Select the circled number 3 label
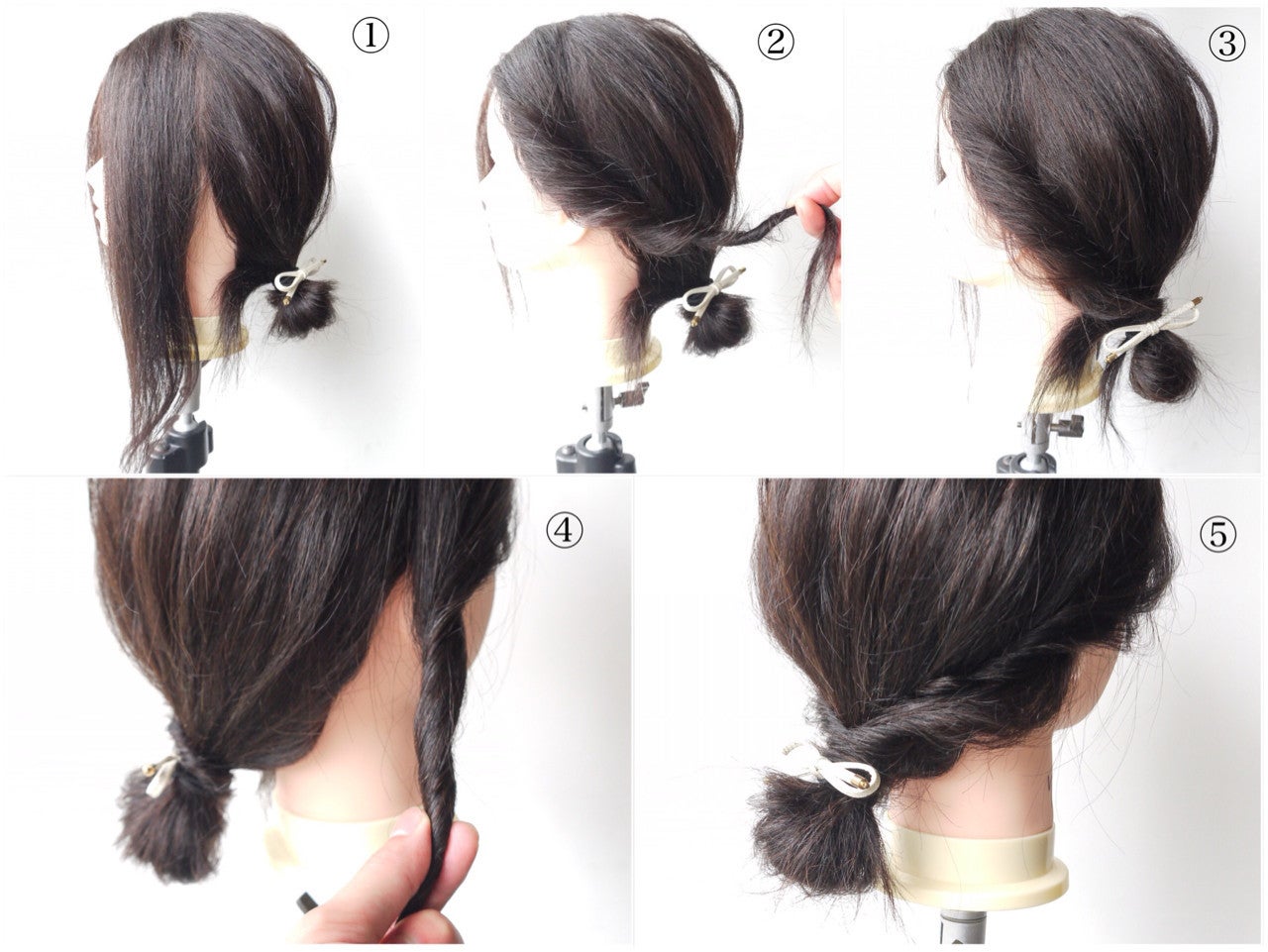[x=1227, y=44]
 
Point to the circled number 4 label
[x=565, y=530]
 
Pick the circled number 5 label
[x=1217, y=533]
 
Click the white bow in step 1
[x=296, y=279]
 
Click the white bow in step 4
[x=160, y=776]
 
